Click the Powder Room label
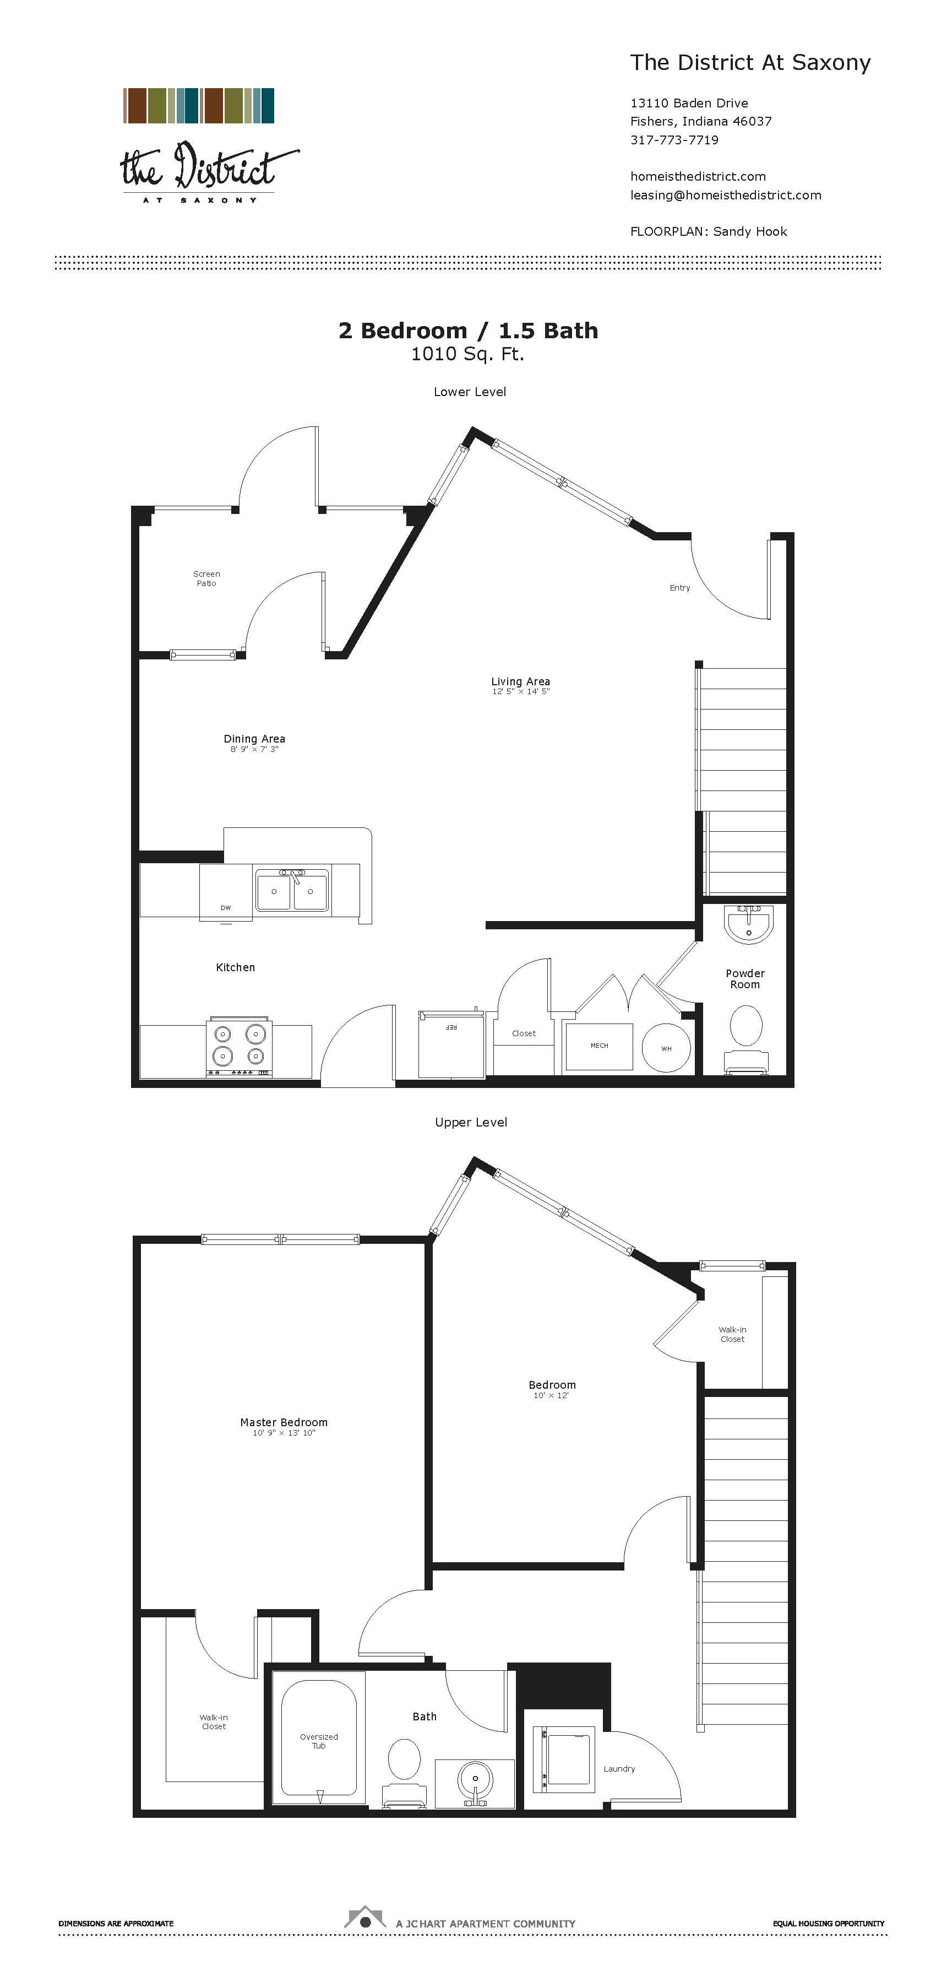745,978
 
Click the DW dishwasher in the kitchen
226,891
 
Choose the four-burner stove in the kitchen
238,1046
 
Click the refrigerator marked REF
451,1044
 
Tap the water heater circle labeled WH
666,1048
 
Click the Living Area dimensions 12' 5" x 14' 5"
521,692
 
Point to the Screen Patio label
206,578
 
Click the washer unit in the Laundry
569,1761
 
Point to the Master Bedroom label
284,1422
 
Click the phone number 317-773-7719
674,140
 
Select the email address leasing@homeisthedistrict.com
726,195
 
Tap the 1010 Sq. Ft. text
467,354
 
